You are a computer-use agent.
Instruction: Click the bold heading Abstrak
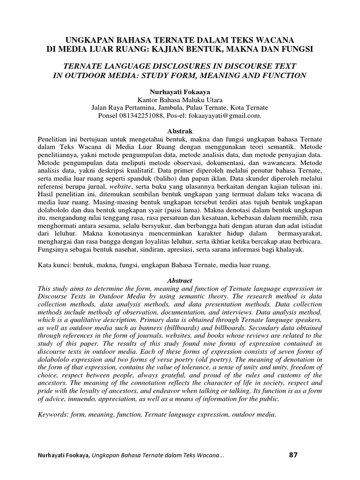pos(180,131)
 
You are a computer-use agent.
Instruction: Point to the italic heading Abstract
pos(180,280)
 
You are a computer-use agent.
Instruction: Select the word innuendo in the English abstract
pos(83,399)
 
